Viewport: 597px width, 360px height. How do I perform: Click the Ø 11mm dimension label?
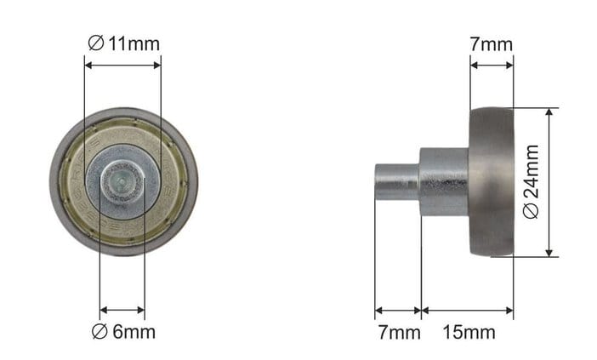click(124, 43)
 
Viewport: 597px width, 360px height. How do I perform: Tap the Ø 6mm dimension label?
click(124, 332)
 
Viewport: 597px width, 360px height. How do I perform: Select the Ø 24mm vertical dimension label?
click(532, 182)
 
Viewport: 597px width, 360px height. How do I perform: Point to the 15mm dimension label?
click(469, 332)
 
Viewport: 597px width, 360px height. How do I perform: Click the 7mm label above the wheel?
click(492, 44)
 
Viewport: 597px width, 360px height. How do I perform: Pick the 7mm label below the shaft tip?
click(399, 332)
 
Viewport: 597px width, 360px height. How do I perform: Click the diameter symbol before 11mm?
click(95, 43)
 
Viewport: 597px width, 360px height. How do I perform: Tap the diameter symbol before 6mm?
click(99, 332)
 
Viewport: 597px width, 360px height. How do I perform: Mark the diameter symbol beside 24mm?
click(532, 211)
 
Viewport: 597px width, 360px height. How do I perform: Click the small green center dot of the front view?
click(121, 177)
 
